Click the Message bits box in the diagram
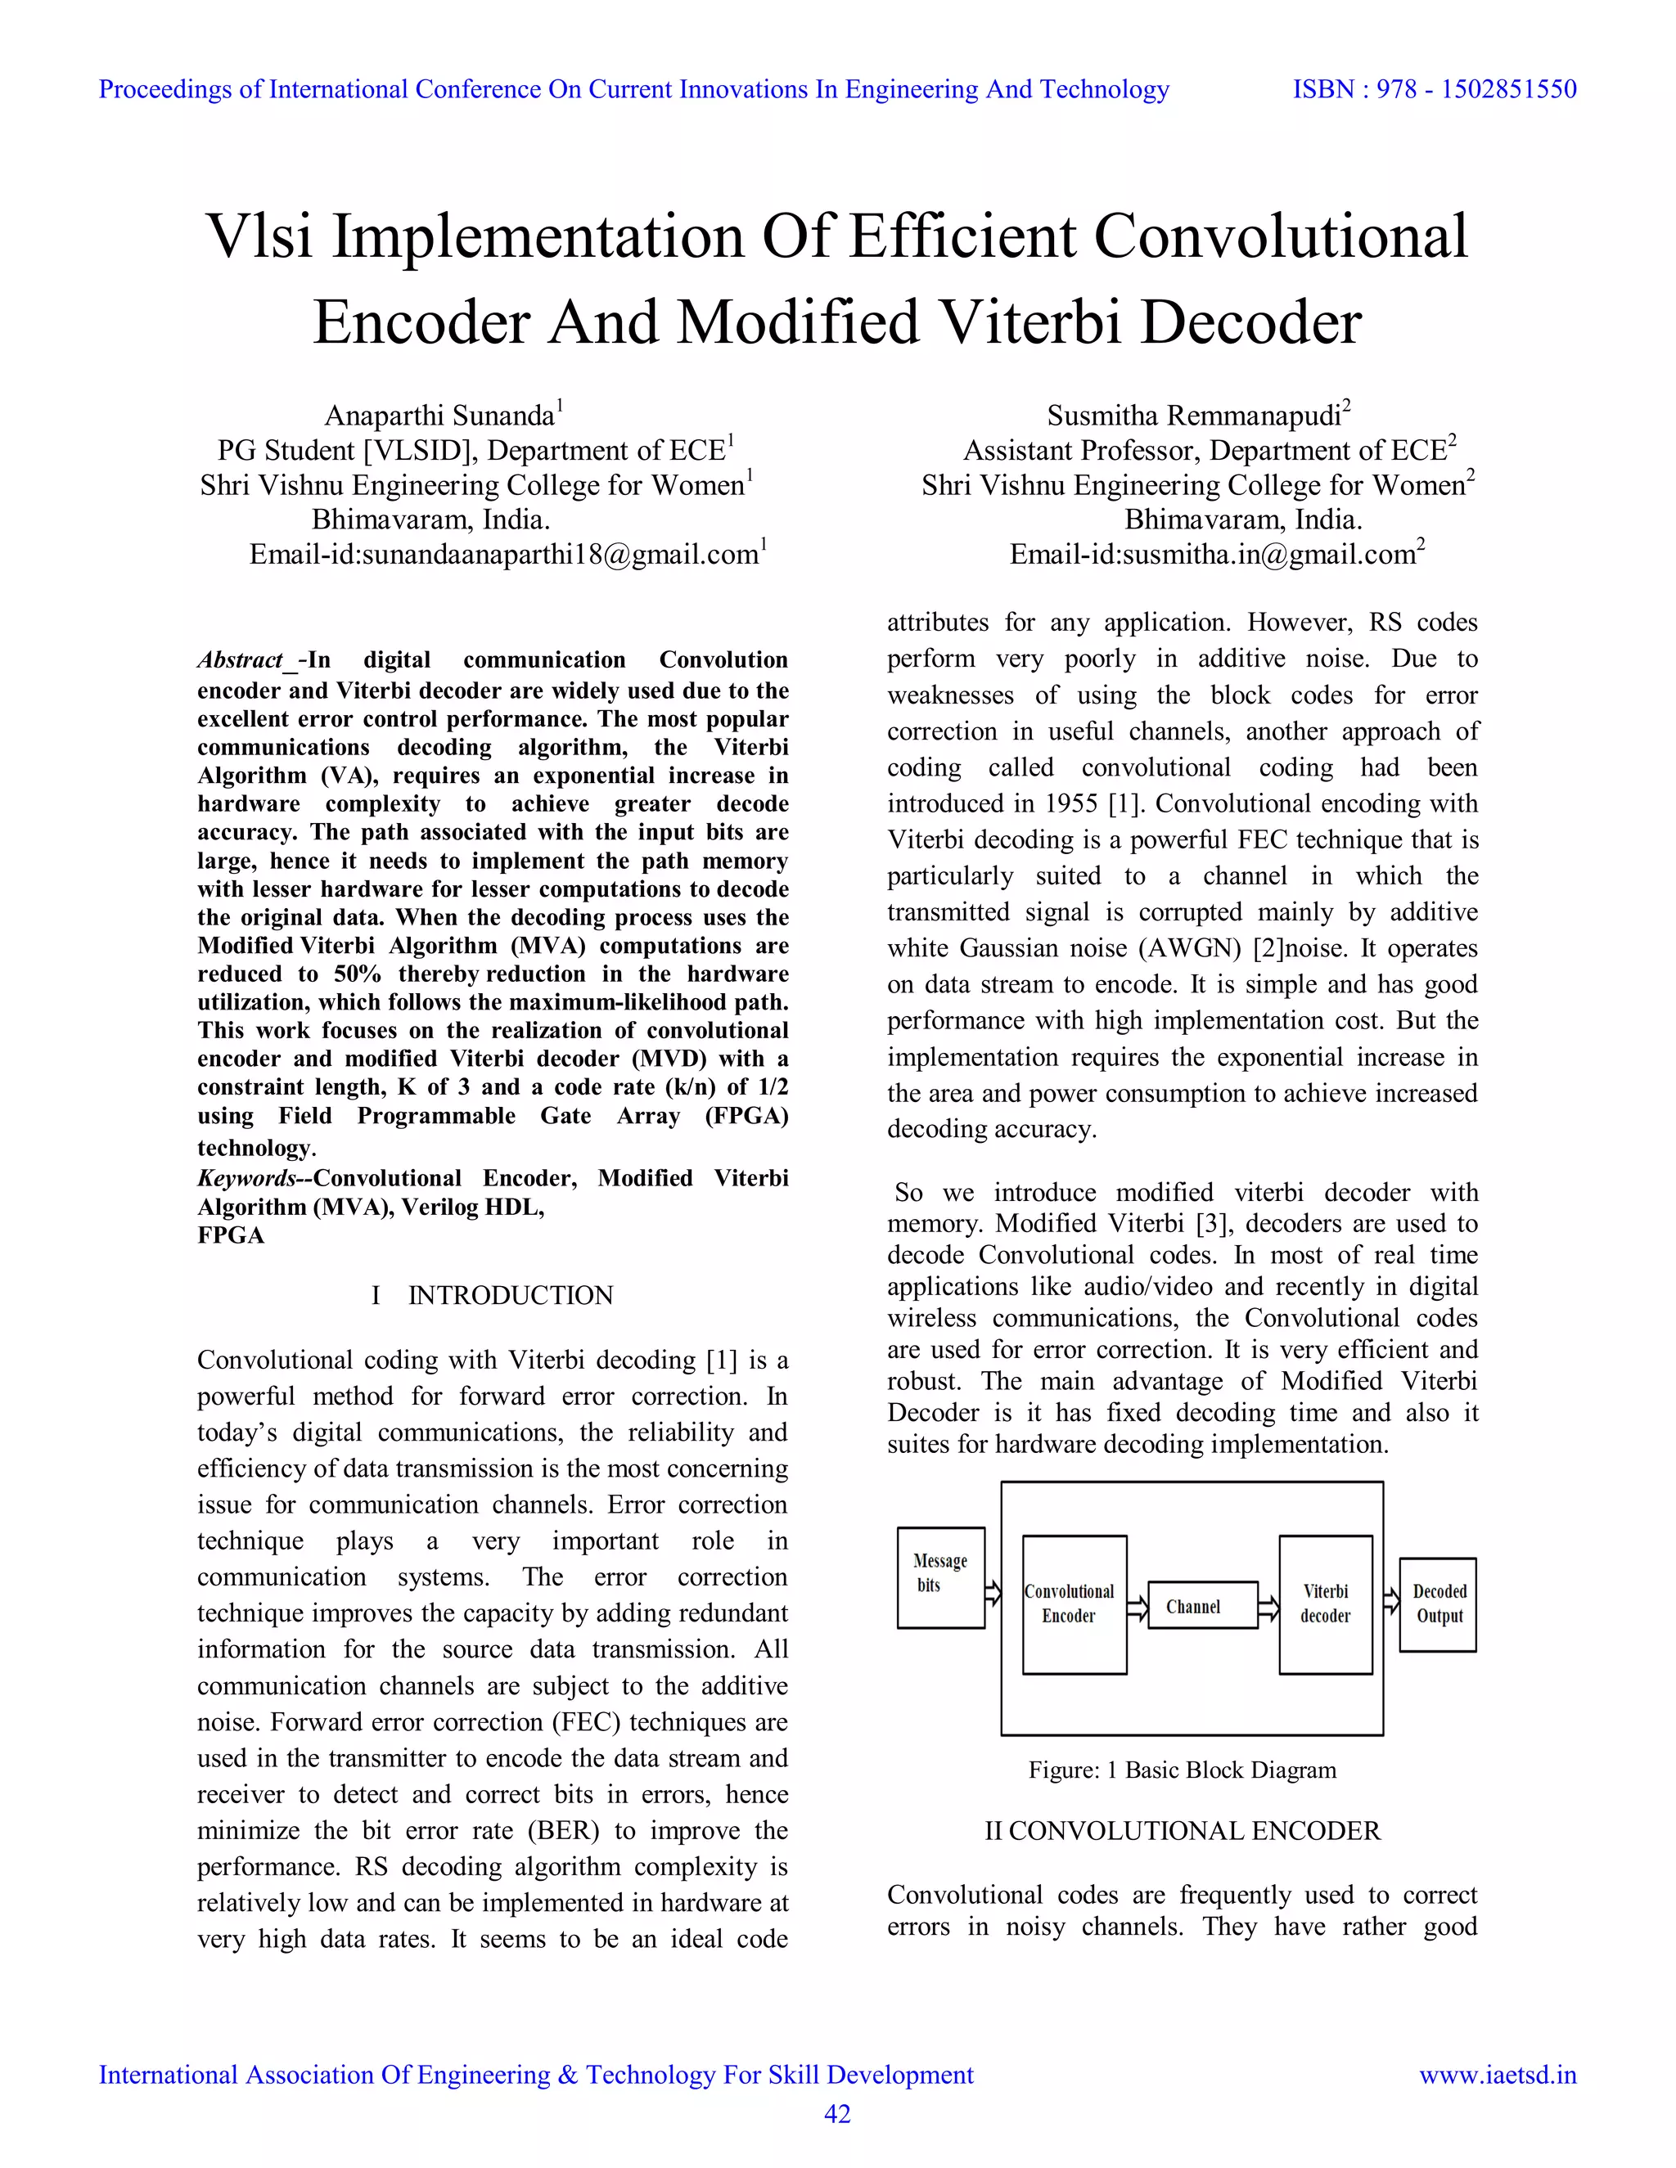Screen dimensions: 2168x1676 [940, 1577]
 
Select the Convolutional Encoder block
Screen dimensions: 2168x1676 [1075, 1604]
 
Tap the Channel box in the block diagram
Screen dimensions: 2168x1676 [1201, 1605]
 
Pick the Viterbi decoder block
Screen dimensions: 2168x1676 [1325, 1604]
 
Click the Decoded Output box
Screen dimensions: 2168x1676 [1438, 1604]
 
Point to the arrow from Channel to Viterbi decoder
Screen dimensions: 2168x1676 [1268, 1606]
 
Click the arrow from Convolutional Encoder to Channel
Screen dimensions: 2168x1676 [1138, 1606]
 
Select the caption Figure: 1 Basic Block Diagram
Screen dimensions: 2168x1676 [1182, 1770]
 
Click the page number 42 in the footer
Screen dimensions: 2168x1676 [837, 2114]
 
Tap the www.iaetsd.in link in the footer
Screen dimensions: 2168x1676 [1498, 2075]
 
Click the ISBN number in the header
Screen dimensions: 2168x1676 [1434, 89]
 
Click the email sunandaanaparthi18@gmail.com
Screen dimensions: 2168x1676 [560, 555]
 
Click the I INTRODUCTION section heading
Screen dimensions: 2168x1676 [493, 1295]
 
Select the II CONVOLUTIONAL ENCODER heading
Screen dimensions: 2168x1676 [1182, 1832]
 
